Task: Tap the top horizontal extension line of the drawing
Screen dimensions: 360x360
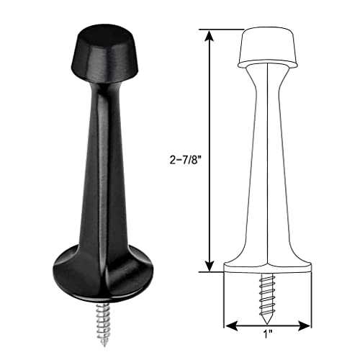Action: tap(223, 29)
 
